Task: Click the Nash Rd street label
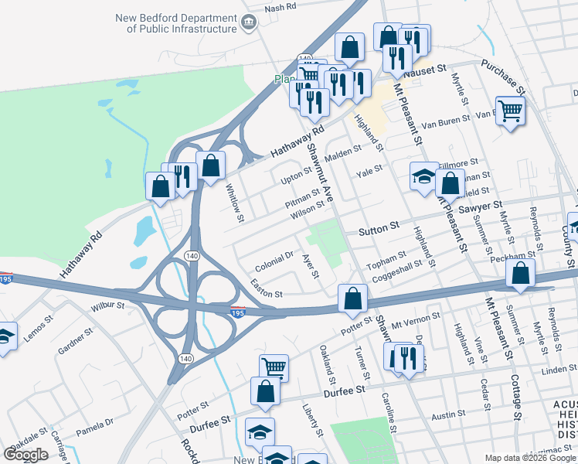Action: coord(280,7)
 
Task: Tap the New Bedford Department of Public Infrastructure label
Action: coord(175,23)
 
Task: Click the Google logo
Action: coord(25,455)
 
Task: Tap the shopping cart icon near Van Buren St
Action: coord(511,110)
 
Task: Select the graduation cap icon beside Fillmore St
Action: coord(423,176)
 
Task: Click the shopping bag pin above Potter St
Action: coord(352,298)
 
